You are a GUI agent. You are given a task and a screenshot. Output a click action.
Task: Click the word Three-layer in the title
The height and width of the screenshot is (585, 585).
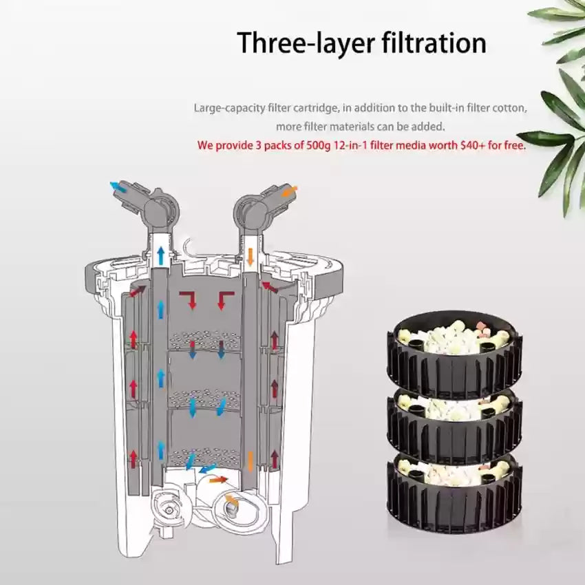coord(306,43)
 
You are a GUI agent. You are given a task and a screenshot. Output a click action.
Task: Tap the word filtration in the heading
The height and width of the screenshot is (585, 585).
coord(434,42)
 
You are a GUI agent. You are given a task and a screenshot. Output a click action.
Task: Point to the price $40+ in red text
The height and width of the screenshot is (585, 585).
coord(473,145)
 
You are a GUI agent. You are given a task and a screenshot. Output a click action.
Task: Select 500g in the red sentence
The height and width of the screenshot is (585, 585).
coord(318,145)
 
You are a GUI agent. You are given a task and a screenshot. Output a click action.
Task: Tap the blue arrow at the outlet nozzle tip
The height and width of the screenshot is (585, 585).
coord(118,187)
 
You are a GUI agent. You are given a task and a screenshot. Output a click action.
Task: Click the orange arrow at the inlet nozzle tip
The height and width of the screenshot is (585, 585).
coord(290,191)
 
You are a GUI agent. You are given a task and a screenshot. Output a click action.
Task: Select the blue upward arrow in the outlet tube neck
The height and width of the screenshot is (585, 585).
coord(161,256)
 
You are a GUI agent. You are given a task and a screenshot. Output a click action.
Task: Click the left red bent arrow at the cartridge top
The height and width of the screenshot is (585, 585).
coord(190,299)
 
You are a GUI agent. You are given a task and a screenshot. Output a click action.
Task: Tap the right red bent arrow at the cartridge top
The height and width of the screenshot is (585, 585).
coord(223,299)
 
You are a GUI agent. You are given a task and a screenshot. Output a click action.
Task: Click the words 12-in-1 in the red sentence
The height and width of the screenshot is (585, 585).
coord(350,145)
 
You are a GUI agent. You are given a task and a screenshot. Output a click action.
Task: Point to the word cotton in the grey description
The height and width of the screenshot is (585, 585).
coord(509,108)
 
